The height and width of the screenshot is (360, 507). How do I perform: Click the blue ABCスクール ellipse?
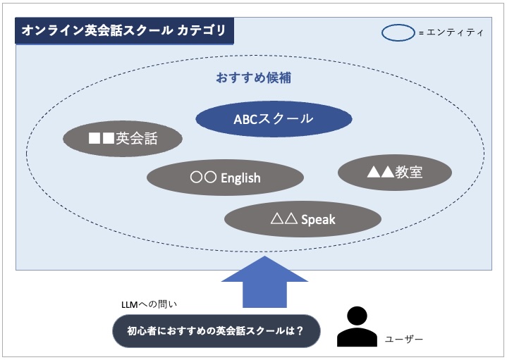coord(274,118)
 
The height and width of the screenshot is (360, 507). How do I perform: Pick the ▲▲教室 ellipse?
coord(395,171)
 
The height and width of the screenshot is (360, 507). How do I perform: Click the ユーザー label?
coord(404,340)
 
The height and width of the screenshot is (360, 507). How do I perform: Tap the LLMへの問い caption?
coord(149,304)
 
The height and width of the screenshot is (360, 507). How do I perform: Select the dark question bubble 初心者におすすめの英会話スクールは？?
coord(215,330)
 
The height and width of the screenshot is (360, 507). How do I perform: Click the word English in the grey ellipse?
coord(240,178)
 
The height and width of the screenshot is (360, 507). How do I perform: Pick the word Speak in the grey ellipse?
coord(318,220)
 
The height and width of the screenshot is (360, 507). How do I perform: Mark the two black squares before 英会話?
coord(102,139)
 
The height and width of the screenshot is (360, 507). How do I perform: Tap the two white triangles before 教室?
coord(381,171)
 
